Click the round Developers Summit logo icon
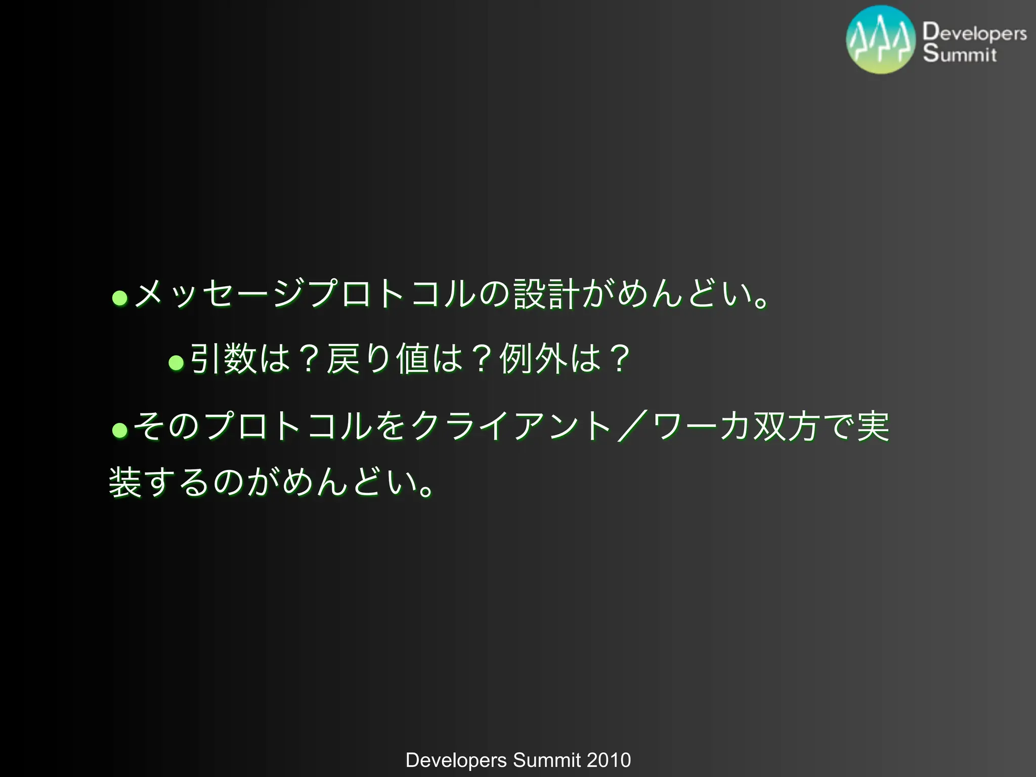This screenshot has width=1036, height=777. tap(881, 40)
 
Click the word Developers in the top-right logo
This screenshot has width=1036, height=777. tap(974, 32)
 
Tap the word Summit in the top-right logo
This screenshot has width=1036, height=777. tap(960, 54)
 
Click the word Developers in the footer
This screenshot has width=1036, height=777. tap(456, 760)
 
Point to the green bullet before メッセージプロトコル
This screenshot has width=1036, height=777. tap(120, 297)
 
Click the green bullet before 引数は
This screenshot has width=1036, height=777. tap(176, 362)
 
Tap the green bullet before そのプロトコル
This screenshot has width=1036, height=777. tap(120, 430)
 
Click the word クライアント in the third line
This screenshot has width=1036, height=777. tap(511, 426)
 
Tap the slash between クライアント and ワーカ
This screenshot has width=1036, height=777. tap(632, 426)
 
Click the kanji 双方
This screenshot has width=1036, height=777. tap(787, 426)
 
